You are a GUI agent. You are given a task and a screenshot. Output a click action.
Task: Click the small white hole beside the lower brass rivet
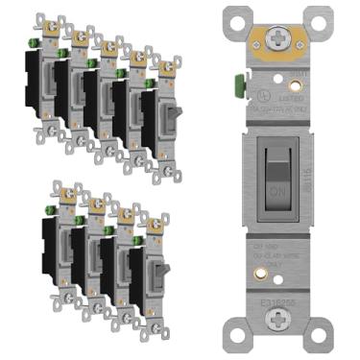click(297, 277)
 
